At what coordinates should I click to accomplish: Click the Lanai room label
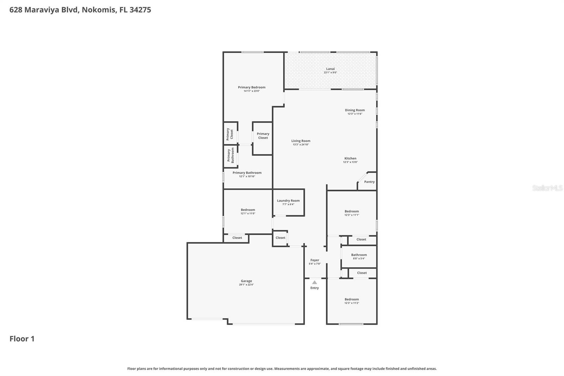[x=330, y=69]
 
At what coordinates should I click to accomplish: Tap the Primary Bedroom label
[x=251, y=87]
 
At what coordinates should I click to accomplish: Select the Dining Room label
[x=355, y=110]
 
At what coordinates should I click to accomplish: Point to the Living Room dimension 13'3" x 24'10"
[x=301, y=145]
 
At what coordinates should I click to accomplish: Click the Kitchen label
[x=350, y=159]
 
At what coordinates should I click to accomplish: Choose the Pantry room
[x=369, y=182]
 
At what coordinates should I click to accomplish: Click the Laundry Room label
[x=288, y=201]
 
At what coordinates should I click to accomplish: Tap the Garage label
[x=246, y=281]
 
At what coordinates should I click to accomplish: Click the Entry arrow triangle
[x=314, y=282]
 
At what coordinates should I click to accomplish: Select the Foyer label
[x=314, y=260]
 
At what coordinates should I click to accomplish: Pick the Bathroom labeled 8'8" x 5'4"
[x=359, y=255]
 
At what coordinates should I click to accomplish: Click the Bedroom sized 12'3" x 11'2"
[x=351, y=299]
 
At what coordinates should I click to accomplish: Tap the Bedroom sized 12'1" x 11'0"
[x=248, y=210]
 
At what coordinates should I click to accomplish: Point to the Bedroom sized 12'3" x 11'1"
[x=351, y=212]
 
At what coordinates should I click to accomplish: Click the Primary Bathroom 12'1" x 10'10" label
[x=247, y=173]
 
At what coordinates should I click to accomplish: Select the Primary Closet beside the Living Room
[x=263, y=136]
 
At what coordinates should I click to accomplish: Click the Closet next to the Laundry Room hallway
[x=280, y=238]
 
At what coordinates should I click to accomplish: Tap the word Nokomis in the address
[x=99, y=10]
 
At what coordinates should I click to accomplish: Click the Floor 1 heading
[x=22, y=339]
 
